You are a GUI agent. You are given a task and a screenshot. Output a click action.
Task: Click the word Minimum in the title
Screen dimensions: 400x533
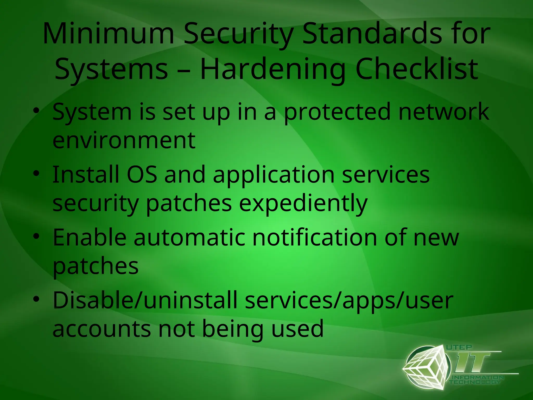click(x=108, y=34)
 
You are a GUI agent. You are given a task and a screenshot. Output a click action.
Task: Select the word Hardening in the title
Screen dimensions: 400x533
click(x=272, y=69)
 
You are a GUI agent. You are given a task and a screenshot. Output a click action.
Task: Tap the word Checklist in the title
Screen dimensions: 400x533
click(x=417, y=69)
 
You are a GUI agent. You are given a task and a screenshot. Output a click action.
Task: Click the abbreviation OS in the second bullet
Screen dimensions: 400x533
click(x=142, y=174)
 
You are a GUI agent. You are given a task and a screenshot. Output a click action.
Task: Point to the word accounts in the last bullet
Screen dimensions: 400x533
click(x=101, y=329)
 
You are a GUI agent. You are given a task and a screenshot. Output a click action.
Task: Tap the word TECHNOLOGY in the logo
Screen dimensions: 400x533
click(x=475, y=382)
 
